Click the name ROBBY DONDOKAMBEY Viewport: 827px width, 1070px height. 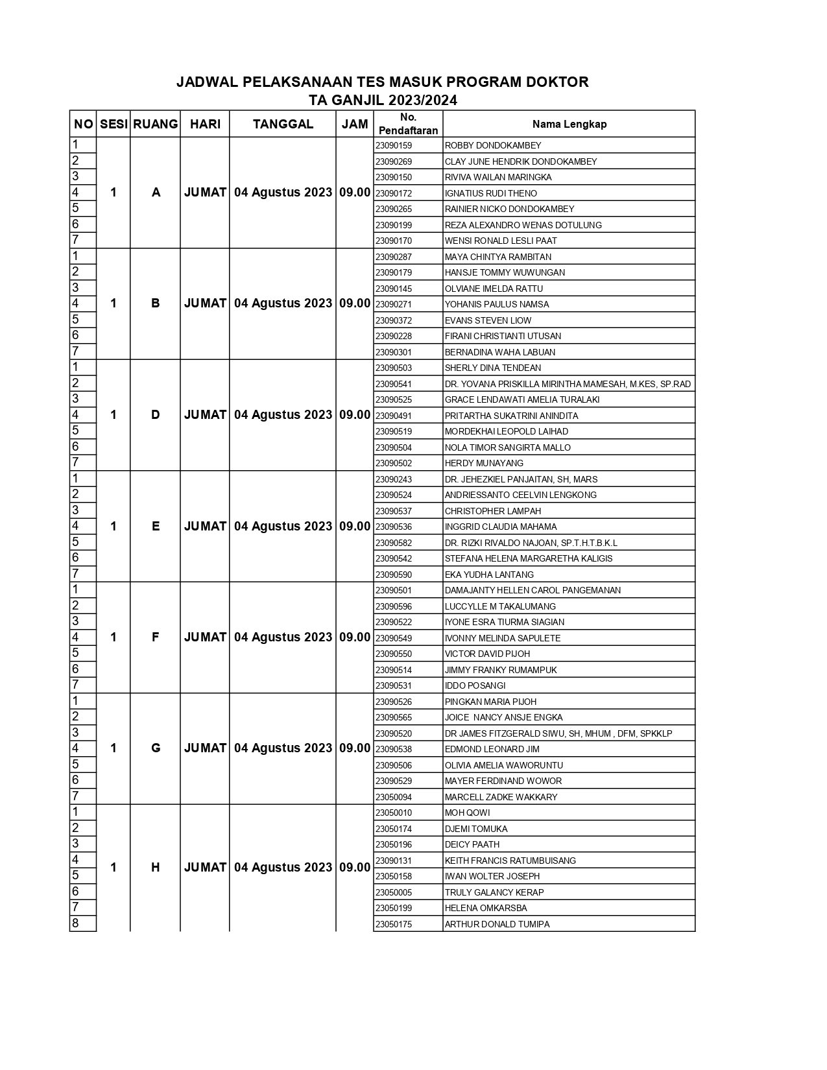(492, 145)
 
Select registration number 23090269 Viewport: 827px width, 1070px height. (394, 161)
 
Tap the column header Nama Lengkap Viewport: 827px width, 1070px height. (569, 124)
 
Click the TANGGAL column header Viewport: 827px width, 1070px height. (283, 124)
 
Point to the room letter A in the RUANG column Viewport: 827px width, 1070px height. (156, 192)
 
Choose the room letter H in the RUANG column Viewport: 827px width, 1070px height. (156, 867)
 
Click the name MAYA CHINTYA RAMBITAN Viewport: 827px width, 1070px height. (497, 257)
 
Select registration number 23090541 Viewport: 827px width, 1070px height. (394, 384)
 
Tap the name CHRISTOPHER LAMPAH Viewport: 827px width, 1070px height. (492, 511)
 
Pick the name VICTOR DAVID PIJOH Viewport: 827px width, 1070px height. (487, 654)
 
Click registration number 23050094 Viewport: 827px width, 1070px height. (394, 797)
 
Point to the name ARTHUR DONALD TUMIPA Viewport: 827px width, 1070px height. (497, 924)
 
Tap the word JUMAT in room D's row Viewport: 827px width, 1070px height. (205, 414)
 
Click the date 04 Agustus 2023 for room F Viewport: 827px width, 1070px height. (283, 637)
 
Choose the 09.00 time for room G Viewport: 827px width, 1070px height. (355, 748)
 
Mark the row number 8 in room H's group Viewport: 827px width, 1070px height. (75, 923)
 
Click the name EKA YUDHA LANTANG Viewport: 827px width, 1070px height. (489, 575)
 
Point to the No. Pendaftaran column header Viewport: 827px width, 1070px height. (408, 124)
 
